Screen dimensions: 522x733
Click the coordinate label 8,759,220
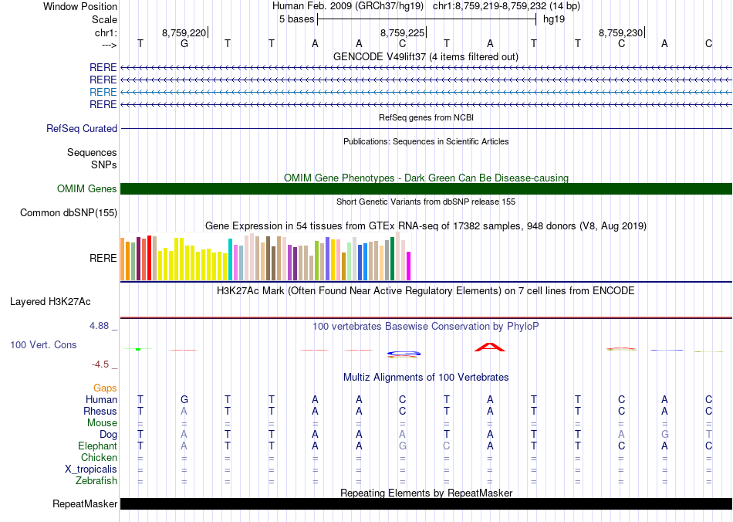click(x=184, y=33)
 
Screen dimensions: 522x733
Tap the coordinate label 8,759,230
click(x=620, y=33)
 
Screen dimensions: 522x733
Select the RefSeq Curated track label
click(x=82, y=129)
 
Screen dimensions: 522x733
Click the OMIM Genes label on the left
click(x=87, y=189)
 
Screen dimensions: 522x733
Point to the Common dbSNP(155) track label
click(x=69, y=213)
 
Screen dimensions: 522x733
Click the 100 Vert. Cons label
click(x=43, y=345)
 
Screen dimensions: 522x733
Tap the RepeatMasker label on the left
click(x=85, y=504)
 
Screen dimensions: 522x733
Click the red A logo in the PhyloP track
click(x=489, y=347)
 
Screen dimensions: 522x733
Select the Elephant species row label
click(x=98, y=446)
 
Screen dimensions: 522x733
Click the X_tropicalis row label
click(x=91, y=469)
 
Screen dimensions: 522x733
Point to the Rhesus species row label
click(x=100, y=412)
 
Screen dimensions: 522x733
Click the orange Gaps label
click(x=105, y=388)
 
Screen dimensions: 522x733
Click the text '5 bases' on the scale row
click(x=296, y=19)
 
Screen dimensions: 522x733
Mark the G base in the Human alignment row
click(x=184, y=400)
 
